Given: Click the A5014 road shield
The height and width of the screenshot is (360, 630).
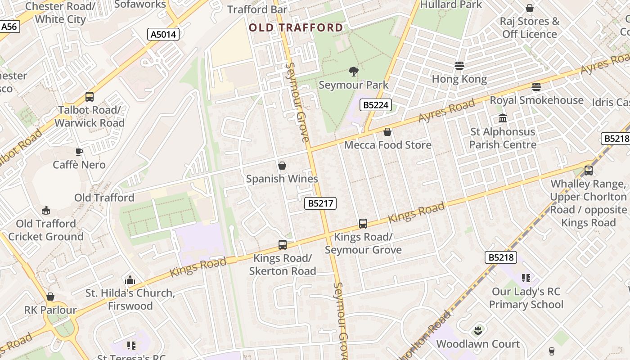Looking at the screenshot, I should pyautogui.click(x=164, y=34).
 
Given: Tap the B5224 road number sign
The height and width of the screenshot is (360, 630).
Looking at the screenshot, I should pyautogui.click(x=376, y=105).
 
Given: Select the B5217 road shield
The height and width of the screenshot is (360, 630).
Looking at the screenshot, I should pyautogui.click(x=320, y=203).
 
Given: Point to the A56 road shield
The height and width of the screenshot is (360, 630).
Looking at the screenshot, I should pyautogui.click(x=9, y=27).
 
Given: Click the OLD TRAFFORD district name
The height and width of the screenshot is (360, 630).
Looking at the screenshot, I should pyautogui.click(x=296, y=28).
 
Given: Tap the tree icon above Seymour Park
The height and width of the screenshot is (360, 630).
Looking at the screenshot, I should pyautogui.click(x=353, y=71).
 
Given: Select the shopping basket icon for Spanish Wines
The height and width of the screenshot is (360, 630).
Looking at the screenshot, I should pyautogui.click(x=282, y=166).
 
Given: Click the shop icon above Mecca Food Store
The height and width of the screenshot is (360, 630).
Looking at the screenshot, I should pyautogui.click(x=387, y=132).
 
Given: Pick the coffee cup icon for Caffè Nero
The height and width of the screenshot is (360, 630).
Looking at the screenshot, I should pyautogui.click(x=79, y=152).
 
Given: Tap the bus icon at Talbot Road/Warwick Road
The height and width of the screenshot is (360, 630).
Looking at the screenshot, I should pyautogui.click(x=90, y=96).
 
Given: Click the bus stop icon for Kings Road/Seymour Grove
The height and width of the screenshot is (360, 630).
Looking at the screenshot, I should pyautogui.click(x=363, y=223).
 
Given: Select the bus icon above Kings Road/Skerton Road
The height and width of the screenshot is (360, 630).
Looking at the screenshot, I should pyautogui.click(x=283, y=245).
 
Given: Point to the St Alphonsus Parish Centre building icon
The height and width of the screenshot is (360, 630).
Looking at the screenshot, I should pyautogui.click(x=503, y=118).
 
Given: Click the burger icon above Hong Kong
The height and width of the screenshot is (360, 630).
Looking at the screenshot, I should pyautogui.click(x=459, y=66).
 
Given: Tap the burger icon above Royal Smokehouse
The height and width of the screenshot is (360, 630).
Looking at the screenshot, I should pyautogui.click(x=536, y=86).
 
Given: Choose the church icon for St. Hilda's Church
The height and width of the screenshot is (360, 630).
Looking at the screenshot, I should pyautogui.click(x=130, y=280).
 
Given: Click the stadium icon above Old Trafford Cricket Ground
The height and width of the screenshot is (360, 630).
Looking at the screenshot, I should pyautogui.click(x=46, y=210).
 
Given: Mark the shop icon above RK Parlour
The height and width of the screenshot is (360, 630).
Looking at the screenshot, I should pyautogui.click(x=50, y=297).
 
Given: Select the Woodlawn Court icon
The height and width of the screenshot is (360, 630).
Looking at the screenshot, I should pyautogui.click(x=478, y=331).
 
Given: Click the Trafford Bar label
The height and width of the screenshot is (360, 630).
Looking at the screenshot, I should pyautogui.click(x=257, y=9).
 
